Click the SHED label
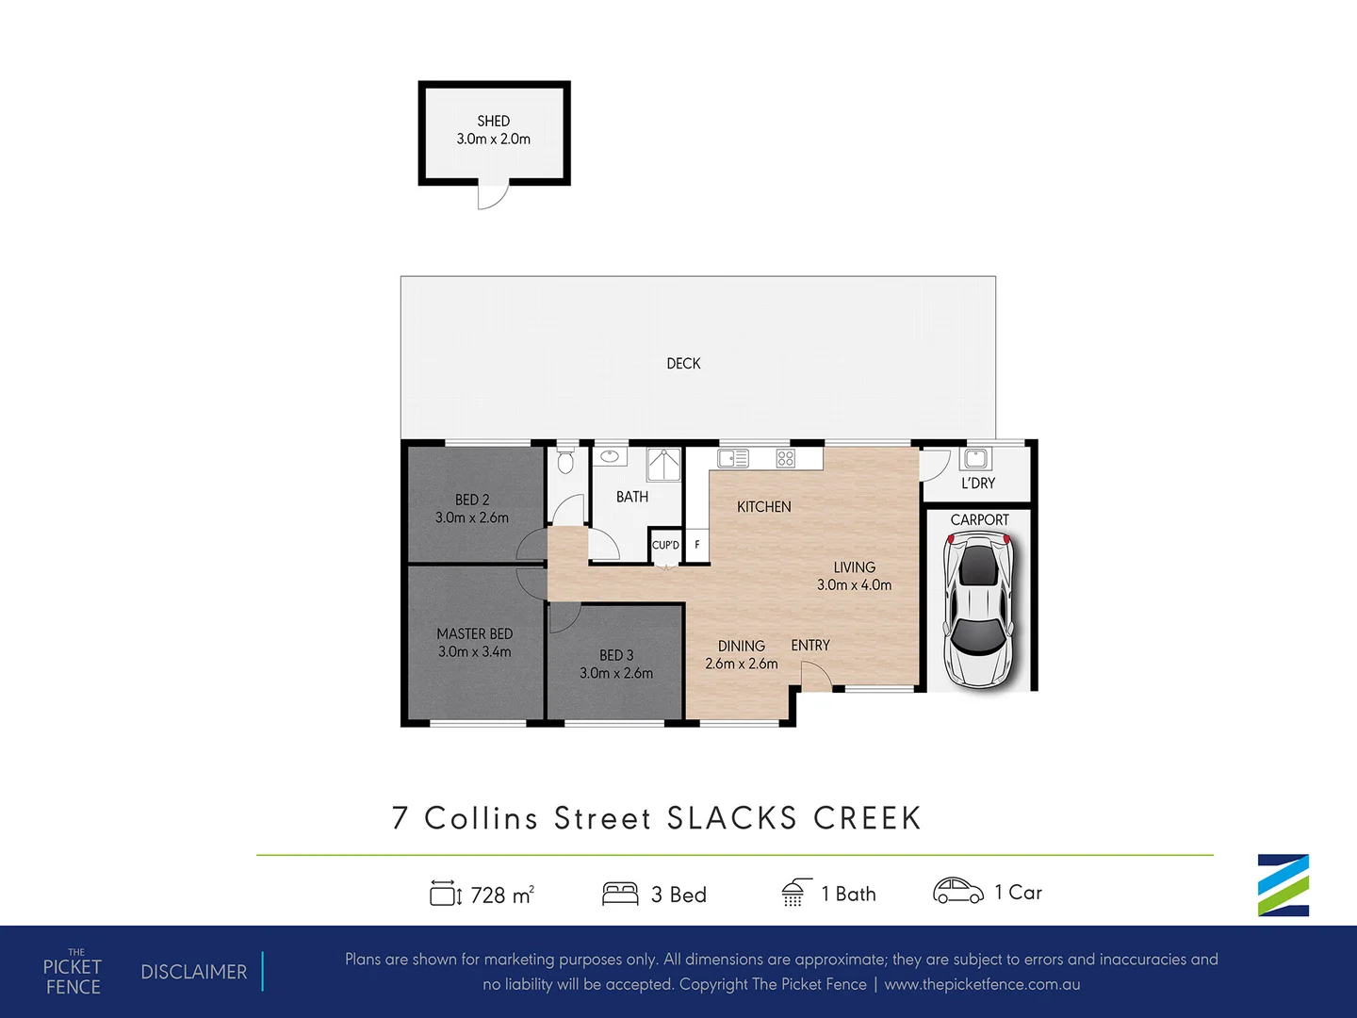click(x=493, y=121)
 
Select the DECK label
click(x=683, y=363)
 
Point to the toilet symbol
click(x=565, y=462)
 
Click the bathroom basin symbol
click(x=610, y=457)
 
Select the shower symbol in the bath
click(x=663, y=466)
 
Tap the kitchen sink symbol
click(x=732, y=459)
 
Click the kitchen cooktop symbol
click(x=785, y=459)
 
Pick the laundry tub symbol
click(x=975, y=458)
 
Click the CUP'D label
click(x=665, y=545)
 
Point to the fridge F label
click(x=697, y=545)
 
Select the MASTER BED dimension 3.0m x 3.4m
click(x=474, y=651)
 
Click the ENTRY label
click(x=810, y=646)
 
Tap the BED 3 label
click(x=616, y=655)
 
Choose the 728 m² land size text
click(x=501, y=895)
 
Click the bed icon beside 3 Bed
click(x=620, y=894)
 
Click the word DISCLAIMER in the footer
click(x=194, y=972)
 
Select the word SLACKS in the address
click(x=732, y=818)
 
